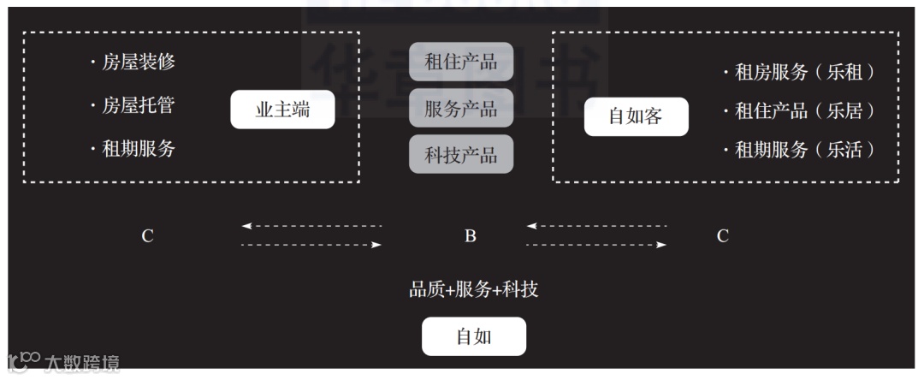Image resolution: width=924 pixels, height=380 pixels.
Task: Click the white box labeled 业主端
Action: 282,110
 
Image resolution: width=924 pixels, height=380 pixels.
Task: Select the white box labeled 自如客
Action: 636,116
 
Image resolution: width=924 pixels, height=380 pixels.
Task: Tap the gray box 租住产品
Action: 461,62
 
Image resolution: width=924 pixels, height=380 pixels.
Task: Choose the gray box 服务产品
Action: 461,108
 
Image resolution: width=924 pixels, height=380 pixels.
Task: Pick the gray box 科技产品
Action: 461,155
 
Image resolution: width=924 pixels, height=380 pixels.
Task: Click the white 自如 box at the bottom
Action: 473,336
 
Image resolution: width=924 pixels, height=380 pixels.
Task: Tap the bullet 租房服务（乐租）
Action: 801,73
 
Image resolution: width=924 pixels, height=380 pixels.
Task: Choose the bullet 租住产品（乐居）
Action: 801,111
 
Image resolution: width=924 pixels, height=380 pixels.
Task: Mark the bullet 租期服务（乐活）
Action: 801,151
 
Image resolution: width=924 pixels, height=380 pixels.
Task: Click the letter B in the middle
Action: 471,236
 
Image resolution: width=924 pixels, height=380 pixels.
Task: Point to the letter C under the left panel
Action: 148,236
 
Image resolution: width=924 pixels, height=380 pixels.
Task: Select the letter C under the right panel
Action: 723,236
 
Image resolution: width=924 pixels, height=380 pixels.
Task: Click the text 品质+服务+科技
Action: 473,290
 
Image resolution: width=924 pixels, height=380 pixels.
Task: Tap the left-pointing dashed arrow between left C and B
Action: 311,226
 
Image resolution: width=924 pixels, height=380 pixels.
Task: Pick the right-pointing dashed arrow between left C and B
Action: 311,246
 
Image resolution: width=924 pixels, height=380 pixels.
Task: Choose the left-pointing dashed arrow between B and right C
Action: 596,226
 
